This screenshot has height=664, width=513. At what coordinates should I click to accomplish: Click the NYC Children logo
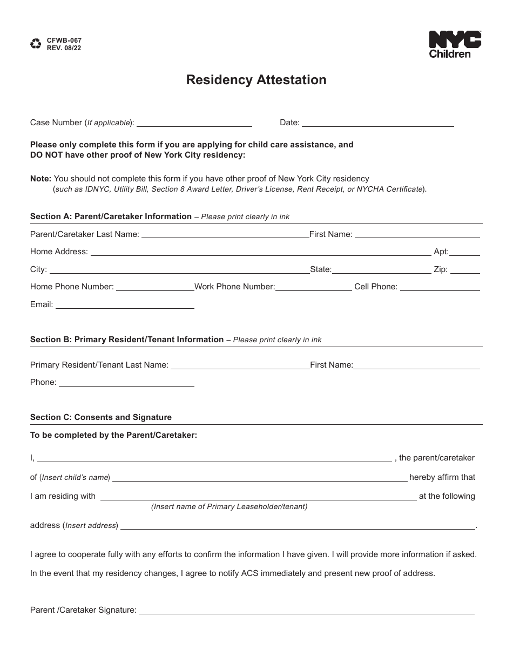coord(455,44)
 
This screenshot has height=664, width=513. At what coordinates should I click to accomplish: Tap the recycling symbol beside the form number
coord(36,44)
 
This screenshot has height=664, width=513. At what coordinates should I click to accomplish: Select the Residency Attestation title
coord(256,80)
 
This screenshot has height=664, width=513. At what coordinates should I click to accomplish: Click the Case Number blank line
coord(194,124)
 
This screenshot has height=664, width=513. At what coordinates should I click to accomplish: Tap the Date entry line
coord(377,124)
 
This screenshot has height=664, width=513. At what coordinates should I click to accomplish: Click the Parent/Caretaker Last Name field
coord(225,235)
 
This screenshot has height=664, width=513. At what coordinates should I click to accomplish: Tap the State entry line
coord(381,271)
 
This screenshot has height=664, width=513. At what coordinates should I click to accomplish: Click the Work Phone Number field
coord(314,288)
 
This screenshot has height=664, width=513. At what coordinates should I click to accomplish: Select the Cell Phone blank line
coord(440,288)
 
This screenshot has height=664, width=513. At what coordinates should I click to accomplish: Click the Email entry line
coord(125,306)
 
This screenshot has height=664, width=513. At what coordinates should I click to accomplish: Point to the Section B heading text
coord(127,340)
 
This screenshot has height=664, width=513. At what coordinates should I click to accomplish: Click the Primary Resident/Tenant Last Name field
coord(240,367)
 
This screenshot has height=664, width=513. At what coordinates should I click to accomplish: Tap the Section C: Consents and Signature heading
coord(101,417)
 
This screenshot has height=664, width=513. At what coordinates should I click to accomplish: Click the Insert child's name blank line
coord(260,478)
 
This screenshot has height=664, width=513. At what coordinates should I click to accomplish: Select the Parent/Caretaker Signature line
coord(306,612)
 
